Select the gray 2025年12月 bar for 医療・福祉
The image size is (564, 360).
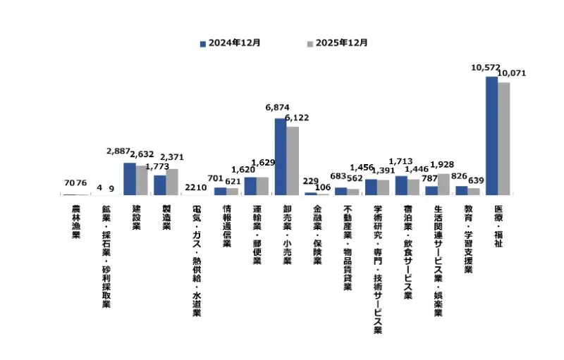pos(503,138)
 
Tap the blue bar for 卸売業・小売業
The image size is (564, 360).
pos(280,156)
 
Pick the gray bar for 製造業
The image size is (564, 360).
pos(171,182)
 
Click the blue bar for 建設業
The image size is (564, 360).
pos(129,178)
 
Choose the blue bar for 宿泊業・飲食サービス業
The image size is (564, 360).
pos(401,185)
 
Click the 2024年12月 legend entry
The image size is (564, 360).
pos(230,42)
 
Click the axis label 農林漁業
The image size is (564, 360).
pos(76,221)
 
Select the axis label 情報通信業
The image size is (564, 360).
pos(227,225)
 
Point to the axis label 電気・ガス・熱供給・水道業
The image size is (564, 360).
pos(197,261)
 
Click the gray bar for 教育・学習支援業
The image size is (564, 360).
pos(474,191)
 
